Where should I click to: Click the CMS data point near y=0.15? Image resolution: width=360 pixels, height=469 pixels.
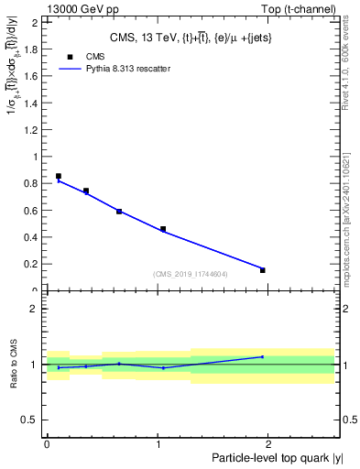(x=262, y=270)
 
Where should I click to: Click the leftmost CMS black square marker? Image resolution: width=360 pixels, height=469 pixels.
(x=59, y=176)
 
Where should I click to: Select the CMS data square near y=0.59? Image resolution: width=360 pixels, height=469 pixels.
(x=119, y=212)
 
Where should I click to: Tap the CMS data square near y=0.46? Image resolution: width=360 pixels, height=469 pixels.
(x=163, y=229)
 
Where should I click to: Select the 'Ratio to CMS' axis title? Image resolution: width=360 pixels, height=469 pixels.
(x=15, y=364)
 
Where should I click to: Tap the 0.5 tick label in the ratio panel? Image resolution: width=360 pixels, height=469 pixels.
(x=32, y=420)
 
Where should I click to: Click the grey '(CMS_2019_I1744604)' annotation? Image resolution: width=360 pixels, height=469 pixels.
(x=190, y=274)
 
